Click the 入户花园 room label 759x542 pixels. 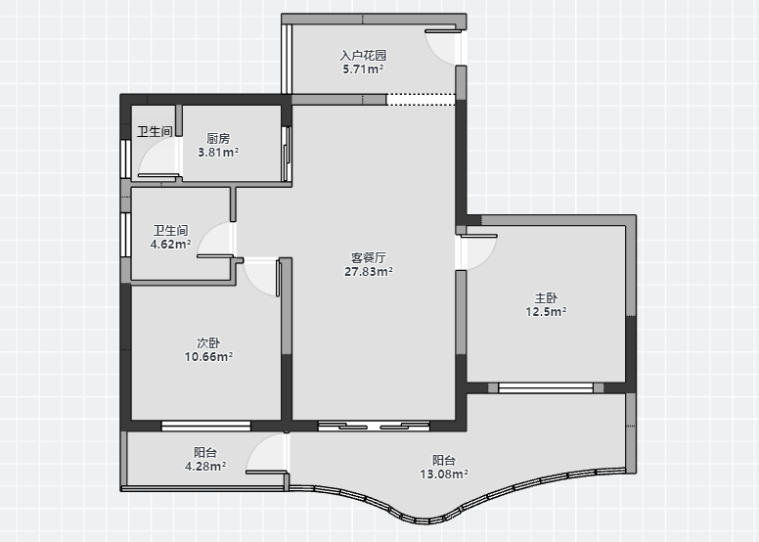(x=363, y=56)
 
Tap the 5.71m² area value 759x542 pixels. (x=363, y=68)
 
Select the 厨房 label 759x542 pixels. (x=218, y=139)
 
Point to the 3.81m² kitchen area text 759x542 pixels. (x=218, y=152)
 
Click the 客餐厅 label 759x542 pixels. (x=369, y=257)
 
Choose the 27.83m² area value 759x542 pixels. (x=369, y=271)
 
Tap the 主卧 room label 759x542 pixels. (x=546, y=297)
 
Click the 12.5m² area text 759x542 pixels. (x=546, y=311)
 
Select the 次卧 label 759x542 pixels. (x=208, y=343)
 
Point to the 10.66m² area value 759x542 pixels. (x=208, y=356)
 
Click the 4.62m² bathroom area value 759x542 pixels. (x=170, y=244)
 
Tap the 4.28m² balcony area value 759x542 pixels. (x=205, y=466)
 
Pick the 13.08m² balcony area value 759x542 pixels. (x=443, y=474)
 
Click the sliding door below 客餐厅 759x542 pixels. (x=374, y=426)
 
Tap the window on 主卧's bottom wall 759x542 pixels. (x=546, y=387)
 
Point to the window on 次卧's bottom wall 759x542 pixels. (x=206, y=426)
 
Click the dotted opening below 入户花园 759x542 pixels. (x=421, y=99)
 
